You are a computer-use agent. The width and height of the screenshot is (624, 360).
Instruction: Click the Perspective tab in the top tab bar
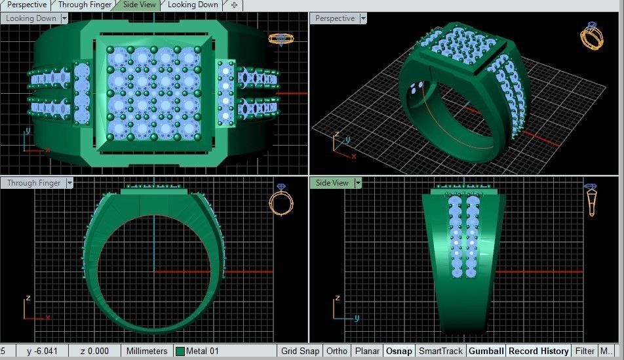tap(27, 5)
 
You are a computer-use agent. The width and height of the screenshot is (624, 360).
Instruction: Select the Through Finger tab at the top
tap(85, 5)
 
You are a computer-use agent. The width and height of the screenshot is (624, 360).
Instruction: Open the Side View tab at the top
tap(139, 5)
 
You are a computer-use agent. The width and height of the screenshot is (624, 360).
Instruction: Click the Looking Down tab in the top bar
tap(193, 5)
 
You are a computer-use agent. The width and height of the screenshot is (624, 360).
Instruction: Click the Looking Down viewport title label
tap(31, 18)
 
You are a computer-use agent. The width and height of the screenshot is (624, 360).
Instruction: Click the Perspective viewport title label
tap(334, 18)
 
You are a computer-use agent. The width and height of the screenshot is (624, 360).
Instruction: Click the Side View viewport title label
tap(332, 183)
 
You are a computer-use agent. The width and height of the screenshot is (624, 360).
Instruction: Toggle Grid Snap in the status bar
tap(300, 351)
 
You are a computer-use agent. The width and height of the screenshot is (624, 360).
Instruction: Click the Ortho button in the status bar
tap(337, 351)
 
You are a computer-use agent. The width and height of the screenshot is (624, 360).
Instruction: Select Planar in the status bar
tap(367, 351)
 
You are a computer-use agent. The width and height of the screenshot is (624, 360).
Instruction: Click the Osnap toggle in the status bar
tap(399, 351)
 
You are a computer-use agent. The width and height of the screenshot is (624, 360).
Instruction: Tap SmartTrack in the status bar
tap(440, 351)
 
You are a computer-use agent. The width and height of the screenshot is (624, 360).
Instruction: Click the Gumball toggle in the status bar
tap(486, 351)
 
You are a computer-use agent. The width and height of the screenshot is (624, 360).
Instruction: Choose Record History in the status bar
tap(538, 351)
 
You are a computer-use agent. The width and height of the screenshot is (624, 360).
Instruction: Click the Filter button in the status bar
tap(585, 351)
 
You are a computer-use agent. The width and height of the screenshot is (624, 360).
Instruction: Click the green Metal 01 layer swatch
tap(180, 351)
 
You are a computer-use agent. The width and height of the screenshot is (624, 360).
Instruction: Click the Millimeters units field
tap(147, 351)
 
